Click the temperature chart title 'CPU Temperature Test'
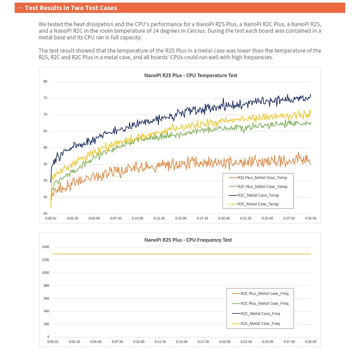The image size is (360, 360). click(x=190, y=75)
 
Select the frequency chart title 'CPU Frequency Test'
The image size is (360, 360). click(x=188, y=240)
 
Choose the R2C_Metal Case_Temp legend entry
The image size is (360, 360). click(x=258, y=195)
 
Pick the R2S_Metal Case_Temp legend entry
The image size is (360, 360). click(x=258, y=204)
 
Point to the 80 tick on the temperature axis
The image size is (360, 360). click(x=45, y=82)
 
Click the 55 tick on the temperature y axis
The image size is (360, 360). click(x=45, y=164)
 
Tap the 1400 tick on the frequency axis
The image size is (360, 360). click(x=46, y=247)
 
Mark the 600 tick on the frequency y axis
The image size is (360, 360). click(x=46, y=298)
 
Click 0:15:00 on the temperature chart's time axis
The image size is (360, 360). click(x=181, y=218)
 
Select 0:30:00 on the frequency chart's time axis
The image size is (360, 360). click(x=310, y=342)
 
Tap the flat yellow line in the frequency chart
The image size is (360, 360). click(x=180, y=254)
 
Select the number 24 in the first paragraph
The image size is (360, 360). click(x=156, y=31)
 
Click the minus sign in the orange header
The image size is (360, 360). click(x=20, y=8)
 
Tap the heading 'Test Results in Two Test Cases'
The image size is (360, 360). click(x=71, y=8)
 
